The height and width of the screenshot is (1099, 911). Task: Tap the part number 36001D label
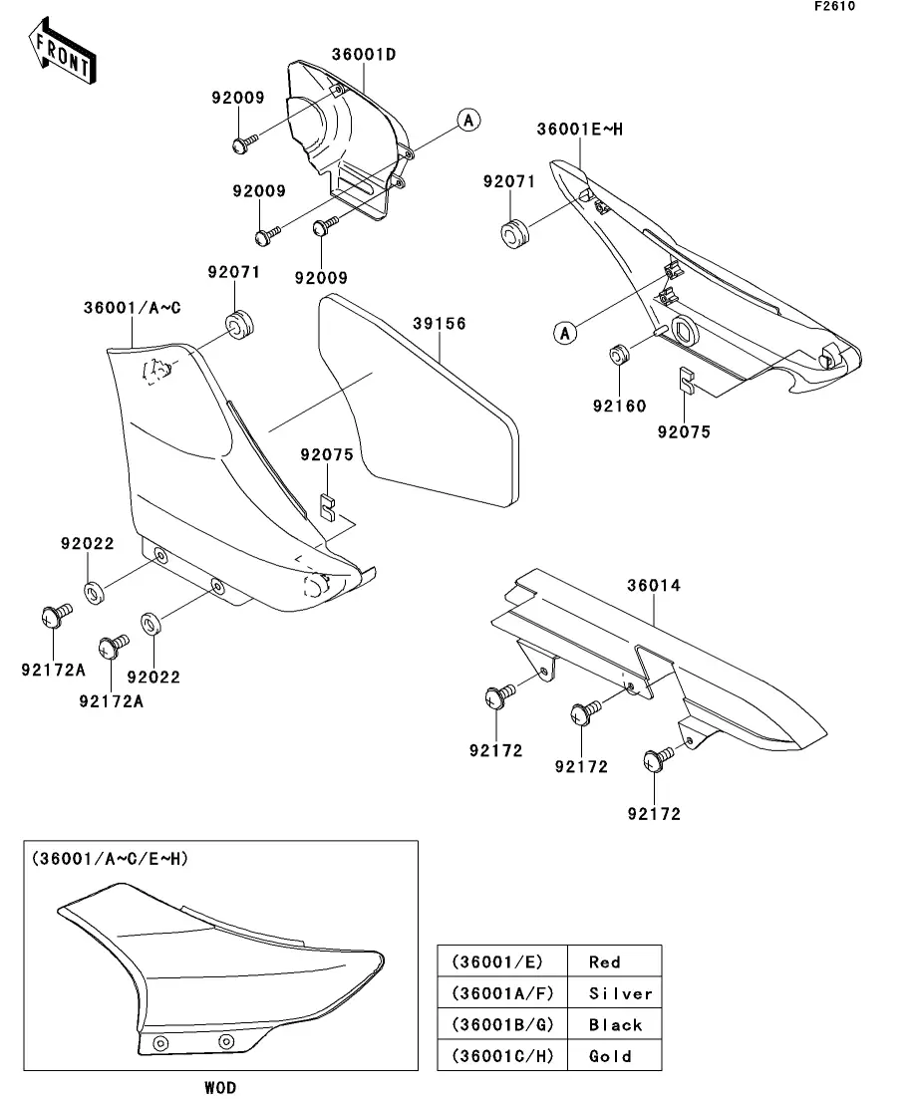click(357, 54)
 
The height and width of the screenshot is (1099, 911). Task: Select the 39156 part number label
click(440, 324)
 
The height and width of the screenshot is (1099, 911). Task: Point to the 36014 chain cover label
click(654, 586)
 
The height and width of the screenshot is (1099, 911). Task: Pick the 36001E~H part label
click(579, 129)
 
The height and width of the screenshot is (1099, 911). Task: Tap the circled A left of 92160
click(565, 332)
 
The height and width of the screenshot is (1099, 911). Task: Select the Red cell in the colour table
click(605, 962)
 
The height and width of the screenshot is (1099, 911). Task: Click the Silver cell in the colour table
click(620, 993)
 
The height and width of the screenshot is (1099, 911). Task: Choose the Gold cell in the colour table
click(610, 1056)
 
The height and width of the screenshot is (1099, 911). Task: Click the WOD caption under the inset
click(220, 1087)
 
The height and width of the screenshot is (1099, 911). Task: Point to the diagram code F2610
click(835, 7)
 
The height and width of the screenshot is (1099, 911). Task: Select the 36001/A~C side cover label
click(132, 309)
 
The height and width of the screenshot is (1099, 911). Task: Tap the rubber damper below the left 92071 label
click(239, 325)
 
